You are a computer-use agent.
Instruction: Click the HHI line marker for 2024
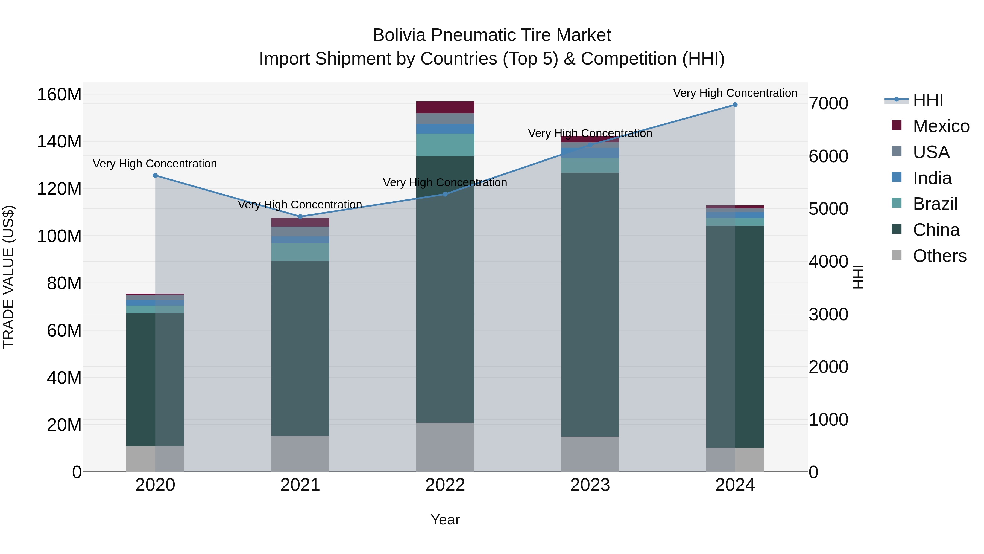[735, 105]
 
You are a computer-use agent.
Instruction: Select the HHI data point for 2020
[155, 175]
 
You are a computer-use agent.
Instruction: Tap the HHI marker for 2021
[300, 217]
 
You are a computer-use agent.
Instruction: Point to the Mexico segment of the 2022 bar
[445, 108]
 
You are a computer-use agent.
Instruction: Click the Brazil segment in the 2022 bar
[445, 144]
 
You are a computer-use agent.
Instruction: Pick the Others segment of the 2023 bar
[590, 454]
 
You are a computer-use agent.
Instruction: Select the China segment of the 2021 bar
[300, 348]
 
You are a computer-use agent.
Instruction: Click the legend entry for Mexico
[941, 126]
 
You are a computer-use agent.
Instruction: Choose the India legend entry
[932, 178]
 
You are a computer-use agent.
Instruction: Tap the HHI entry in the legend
[928, 100]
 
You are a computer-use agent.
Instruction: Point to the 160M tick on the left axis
[59, 94]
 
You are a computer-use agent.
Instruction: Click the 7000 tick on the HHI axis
[828, 104]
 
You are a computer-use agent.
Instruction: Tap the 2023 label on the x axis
[590, 485]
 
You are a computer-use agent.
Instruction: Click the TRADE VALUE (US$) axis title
[9, 277]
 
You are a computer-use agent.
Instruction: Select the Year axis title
[445, 520]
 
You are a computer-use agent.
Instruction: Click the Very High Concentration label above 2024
[735, 93]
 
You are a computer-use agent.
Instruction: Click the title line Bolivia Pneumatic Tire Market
[492, 35]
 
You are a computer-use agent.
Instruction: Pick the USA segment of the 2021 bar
[300, 231]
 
